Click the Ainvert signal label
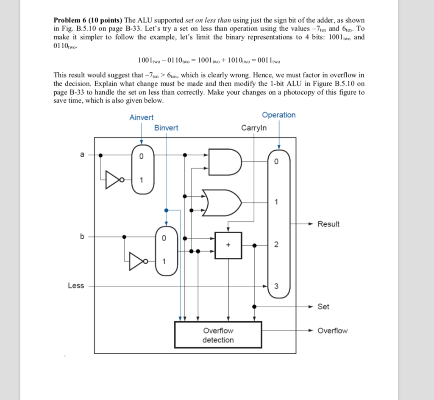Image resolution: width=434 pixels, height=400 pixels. pos(142,117)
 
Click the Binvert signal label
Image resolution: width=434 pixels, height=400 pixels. pos(166,127)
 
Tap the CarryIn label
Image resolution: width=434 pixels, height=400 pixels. pos(254,127)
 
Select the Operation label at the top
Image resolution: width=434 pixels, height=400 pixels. pos(278,115)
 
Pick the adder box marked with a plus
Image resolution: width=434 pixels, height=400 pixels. pos(228,245)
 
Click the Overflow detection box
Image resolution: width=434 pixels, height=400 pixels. pos(218,335)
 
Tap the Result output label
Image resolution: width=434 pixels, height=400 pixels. pos(328,224)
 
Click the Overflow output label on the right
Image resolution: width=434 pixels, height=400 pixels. pos(332,331)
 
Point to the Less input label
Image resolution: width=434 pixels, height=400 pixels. pos(76,286)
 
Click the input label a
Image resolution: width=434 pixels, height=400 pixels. pos(82,155)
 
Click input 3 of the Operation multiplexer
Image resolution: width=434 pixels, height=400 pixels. pos(276,287)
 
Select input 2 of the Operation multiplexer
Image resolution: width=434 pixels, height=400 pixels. pos(276,245)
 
